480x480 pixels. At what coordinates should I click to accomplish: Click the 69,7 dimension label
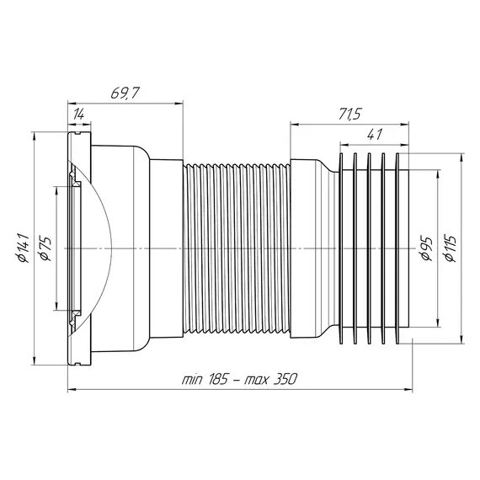(125, 93)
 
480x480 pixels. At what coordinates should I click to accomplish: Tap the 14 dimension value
(78, 115)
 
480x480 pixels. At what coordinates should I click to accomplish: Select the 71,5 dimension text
(349, 114)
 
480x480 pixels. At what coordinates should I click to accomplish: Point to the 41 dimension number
(374, 135)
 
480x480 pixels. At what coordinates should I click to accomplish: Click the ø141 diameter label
(23, 248)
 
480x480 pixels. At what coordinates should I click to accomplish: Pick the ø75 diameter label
(45, 248)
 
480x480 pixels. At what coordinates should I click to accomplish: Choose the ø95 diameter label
(426, 248)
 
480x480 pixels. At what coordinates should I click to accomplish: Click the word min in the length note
(192, 380)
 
